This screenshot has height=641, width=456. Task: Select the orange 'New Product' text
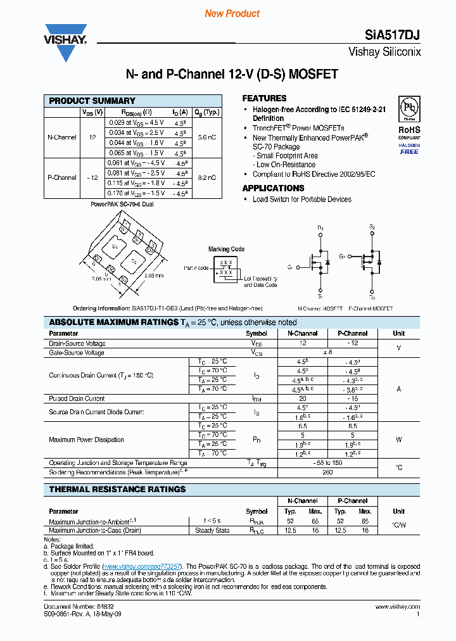pyautogui.click(x=232, y=13)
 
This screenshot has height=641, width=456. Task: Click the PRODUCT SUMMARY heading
pyautogui.click(x=92, y=101)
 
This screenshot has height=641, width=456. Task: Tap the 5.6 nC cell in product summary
pyautogui.click(x=206, y=137)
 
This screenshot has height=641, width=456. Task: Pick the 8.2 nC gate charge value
pyautogui.click(x=206, y=178)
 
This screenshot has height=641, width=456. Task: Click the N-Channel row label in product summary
pyautogui.click(x=62, y=137)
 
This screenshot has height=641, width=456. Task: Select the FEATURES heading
pyautogui.click(x=264, y=98)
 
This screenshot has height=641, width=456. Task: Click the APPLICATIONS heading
pyautogui.click(x=273, y=188)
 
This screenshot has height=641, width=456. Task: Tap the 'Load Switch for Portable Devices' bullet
pyautogui.click(x=301, y=200)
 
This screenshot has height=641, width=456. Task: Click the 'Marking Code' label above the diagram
pyautogui.click(x=226, y=249)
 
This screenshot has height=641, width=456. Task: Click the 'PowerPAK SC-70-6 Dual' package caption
pyautogui.click(x=122, y=205)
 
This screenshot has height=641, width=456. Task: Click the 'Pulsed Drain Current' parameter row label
pyautogui.click(x=77, y=398)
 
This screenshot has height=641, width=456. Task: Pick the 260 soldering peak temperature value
pyautogui.click(x=328, y=472)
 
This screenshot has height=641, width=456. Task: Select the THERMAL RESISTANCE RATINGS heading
pyautogui.click(x=117, y=489)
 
